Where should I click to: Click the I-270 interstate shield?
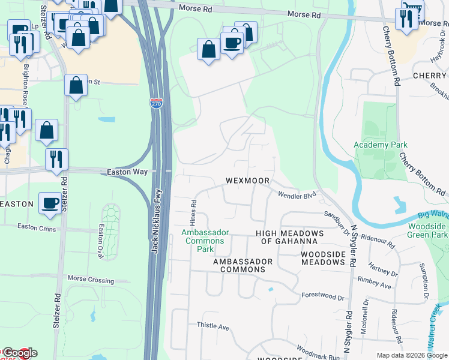coord(156,104)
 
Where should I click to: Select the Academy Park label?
coord(380,145)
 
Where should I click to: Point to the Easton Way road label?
coord(127,172)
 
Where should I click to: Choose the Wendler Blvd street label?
coord(297,194)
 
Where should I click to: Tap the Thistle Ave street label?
coord(213,326)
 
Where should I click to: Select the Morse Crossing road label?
coord(90,280)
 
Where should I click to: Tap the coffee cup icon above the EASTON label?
coord(49,203)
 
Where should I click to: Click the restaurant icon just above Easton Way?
coord(57,159)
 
